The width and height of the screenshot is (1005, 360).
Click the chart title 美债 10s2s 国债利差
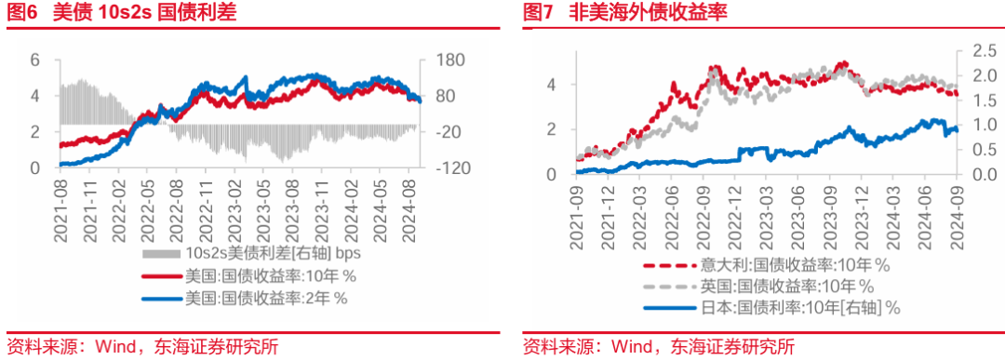point(168,13)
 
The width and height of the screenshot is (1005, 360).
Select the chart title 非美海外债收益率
point(649,13)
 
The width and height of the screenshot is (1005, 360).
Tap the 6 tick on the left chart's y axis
point(36,60)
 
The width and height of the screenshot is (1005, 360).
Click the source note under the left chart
point(141,347)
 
